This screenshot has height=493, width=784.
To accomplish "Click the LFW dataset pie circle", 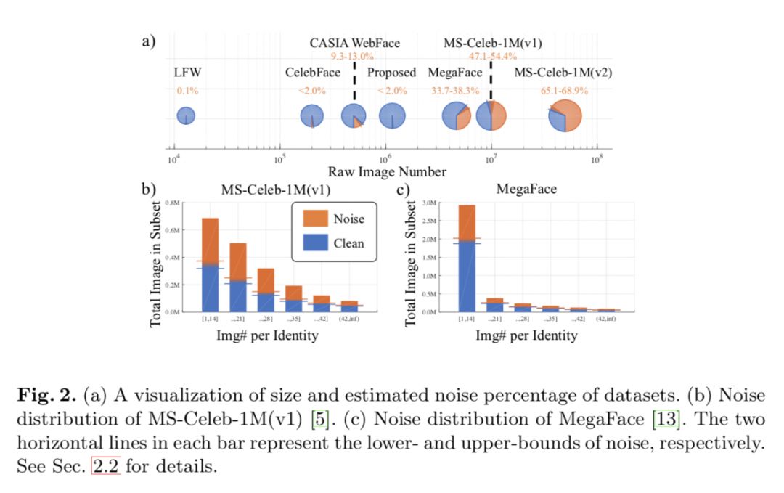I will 186,115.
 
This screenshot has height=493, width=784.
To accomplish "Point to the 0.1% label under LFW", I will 187,91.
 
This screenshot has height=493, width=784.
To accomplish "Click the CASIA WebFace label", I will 354,43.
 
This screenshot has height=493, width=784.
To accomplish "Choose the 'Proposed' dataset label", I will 391,73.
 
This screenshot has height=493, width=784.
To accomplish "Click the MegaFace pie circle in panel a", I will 457,116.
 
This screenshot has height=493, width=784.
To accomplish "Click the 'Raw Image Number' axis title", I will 387,172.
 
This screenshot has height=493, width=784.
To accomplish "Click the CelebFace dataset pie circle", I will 312,116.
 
